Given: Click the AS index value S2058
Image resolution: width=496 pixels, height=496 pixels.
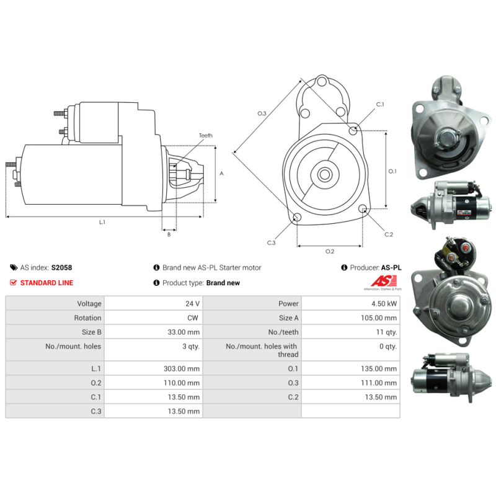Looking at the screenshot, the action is pyautogui.click(x=61, y=268).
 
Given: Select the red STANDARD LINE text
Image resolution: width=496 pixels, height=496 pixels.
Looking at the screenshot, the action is pyautogui.click(x=47, y=283).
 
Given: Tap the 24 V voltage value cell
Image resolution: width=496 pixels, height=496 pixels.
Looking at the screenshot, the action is pyautogui.click(x=153, y=303).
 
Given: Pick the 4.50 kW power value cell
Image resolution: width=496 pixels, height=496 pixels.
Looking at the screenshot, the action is pyautogui.click(x=351, y=303).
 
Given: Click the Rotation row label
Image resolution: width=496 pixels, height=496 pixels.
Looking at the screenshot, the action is pyautogui.click(x=87, y=318).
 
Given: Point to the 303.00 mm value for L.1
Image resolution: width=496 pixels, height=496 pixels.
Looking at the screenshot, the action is pyautogui.click(x=182, y=368).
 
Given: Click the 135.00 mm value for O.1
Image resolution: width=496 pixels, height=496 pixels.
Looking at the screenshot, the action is pyautogui.click(x=379, y=368).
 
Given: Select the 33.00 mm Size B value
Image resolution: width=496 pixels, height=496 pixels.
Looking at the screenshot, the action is pyautogui.click(x=184, y=332).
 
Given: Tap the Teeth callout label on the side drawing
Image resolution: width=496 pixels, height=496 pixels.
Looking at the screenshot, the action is pyautogui.click(x=206, y=135).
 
